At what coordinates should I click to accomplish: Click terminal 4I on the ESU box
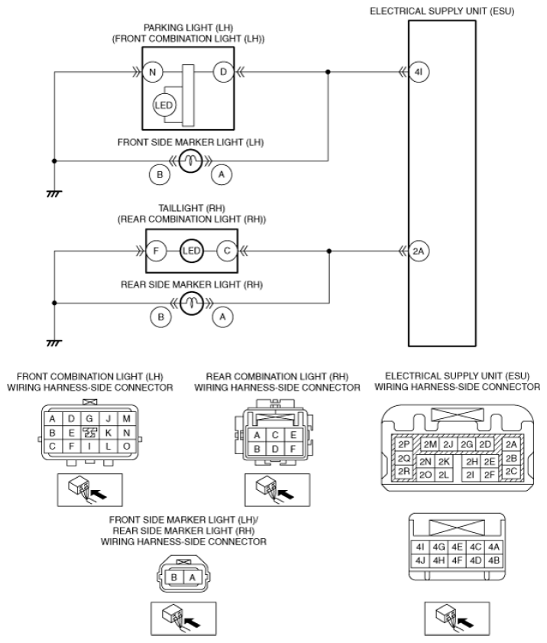419,72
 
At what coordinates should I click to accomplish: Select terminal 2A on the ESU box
419,251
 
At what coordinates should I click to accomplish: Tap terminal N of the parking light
153,72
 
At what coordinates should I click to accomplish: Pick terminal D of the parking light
223,72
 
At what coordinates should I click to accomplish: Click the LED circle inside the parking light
164,105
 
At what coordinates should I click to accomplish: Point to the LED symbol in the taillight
191,251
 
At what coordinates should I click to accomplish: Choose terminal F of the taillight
156,251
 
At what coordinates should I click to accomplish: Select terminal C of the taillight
227,251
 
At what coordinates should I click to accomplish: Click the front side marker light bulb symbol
191,161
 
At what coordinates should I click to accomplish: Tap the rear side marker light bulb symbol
192,303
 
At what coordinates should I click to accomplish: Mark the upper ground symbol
54,193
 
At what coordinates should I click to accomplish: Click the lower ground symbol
54,343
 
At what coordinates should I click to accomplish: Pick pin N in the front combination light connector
126,433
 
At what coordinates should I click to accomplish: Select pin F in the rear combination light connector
293,449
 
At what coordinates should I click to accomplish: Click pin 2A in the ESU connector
511,444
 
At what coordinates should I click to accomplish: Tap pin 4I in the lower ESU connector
420,547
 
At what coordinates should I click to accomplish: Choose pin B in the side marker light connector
173,577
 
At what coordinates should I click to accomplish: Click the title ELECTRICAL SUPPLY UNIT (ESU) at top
442,11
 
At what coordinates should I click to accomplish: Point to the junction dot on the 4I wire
328,72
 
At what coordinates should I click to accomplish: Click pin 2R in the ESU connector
403,471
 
